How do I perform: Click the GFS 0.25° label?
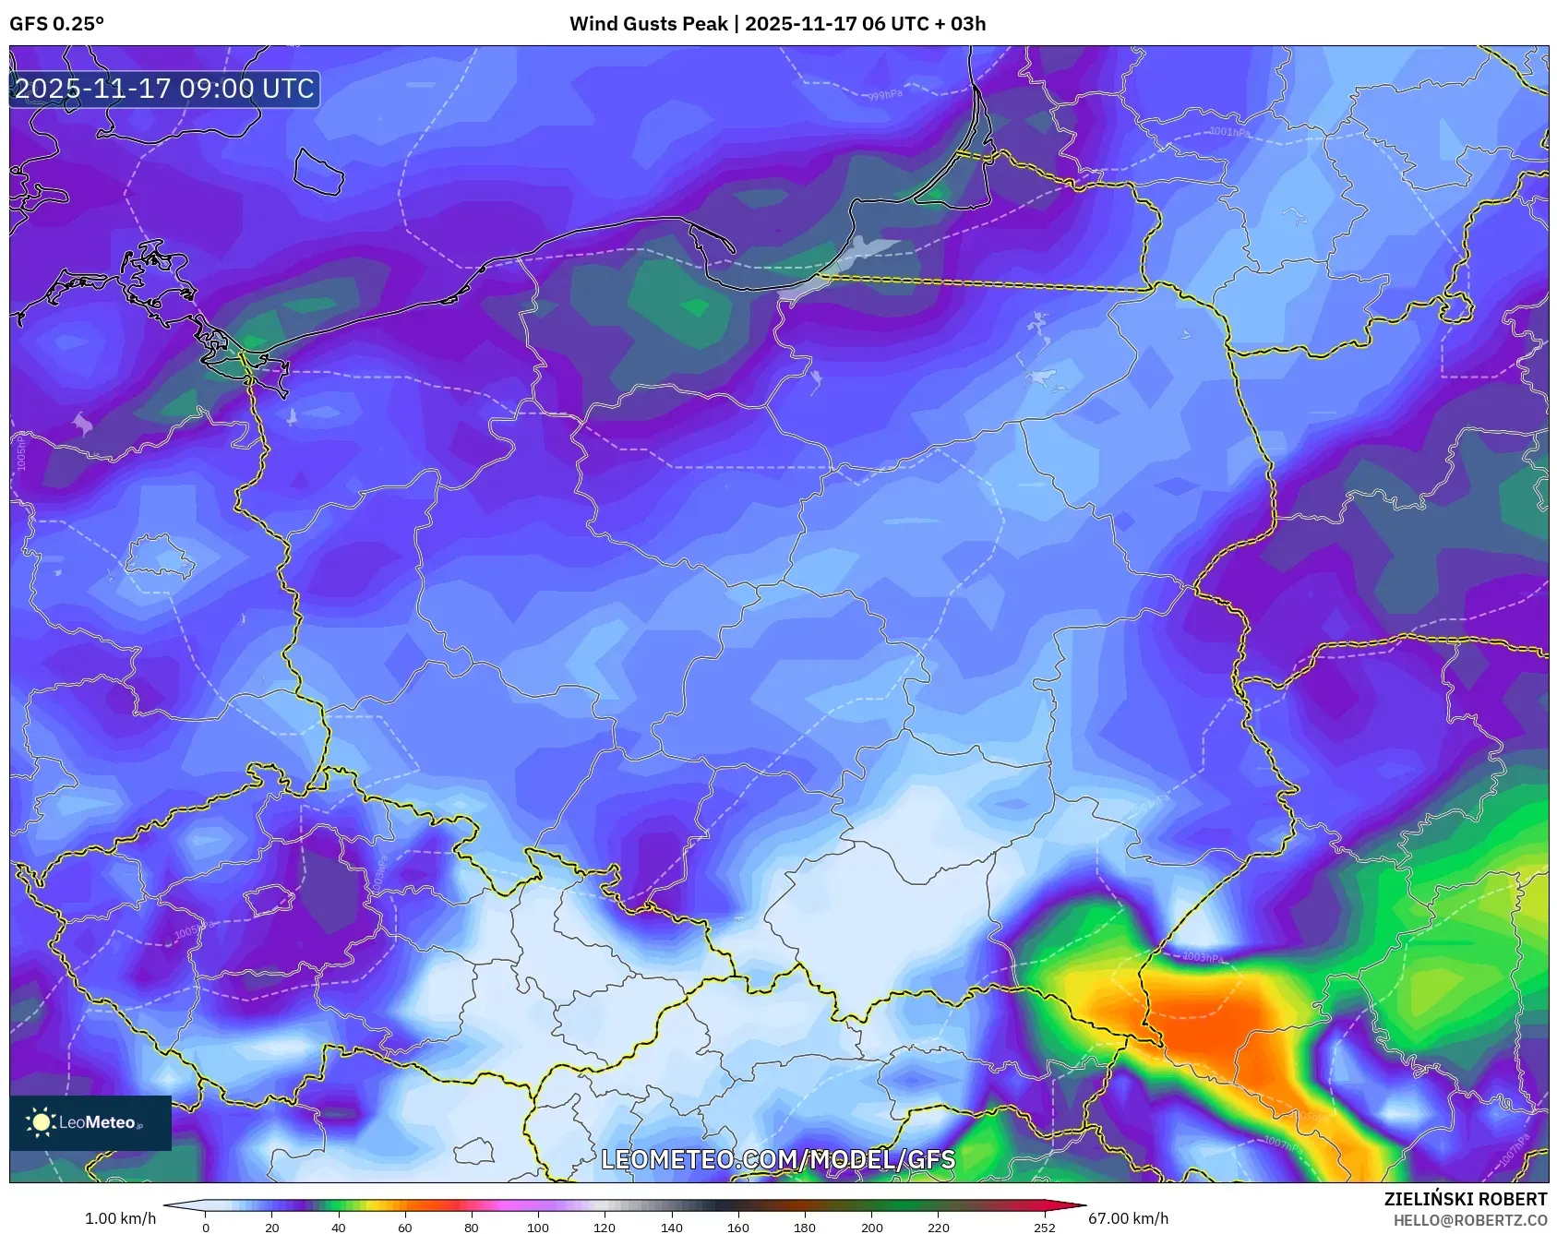tap(56, 24)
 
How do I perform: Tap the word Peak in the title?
tap(705, 24)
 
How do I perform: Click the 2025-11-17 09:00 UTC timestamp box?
tap(164, 90)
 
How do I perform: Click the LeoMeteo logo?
tap(90, 1122)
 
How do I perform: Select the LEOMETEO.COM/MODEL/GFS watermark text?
tap(778, 1159)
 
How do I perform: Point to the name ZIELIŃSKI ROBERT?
tap(1465, 1199)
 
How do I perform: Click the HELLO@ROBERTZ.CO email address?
tap(1469, 1220)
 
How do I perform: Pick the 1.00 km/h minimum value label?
tap(120, 1218)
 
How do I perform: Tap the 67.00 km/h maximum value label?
tap(1128, 1218)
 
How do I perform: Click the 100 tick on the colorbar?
tap(538, 1228)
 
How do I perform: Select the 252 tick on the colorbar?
tap(1044, 1228)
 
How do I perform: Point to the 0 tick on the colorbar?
tap(206, 1228)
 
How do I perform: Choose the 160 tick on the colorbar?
tap(737, 1228)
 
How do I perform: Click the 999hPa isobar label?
tap(883, 95)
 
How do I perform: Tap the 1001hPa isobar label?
tap(1229, 132)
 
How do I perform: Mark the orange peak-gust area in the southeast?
tap(1218, 1024)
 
